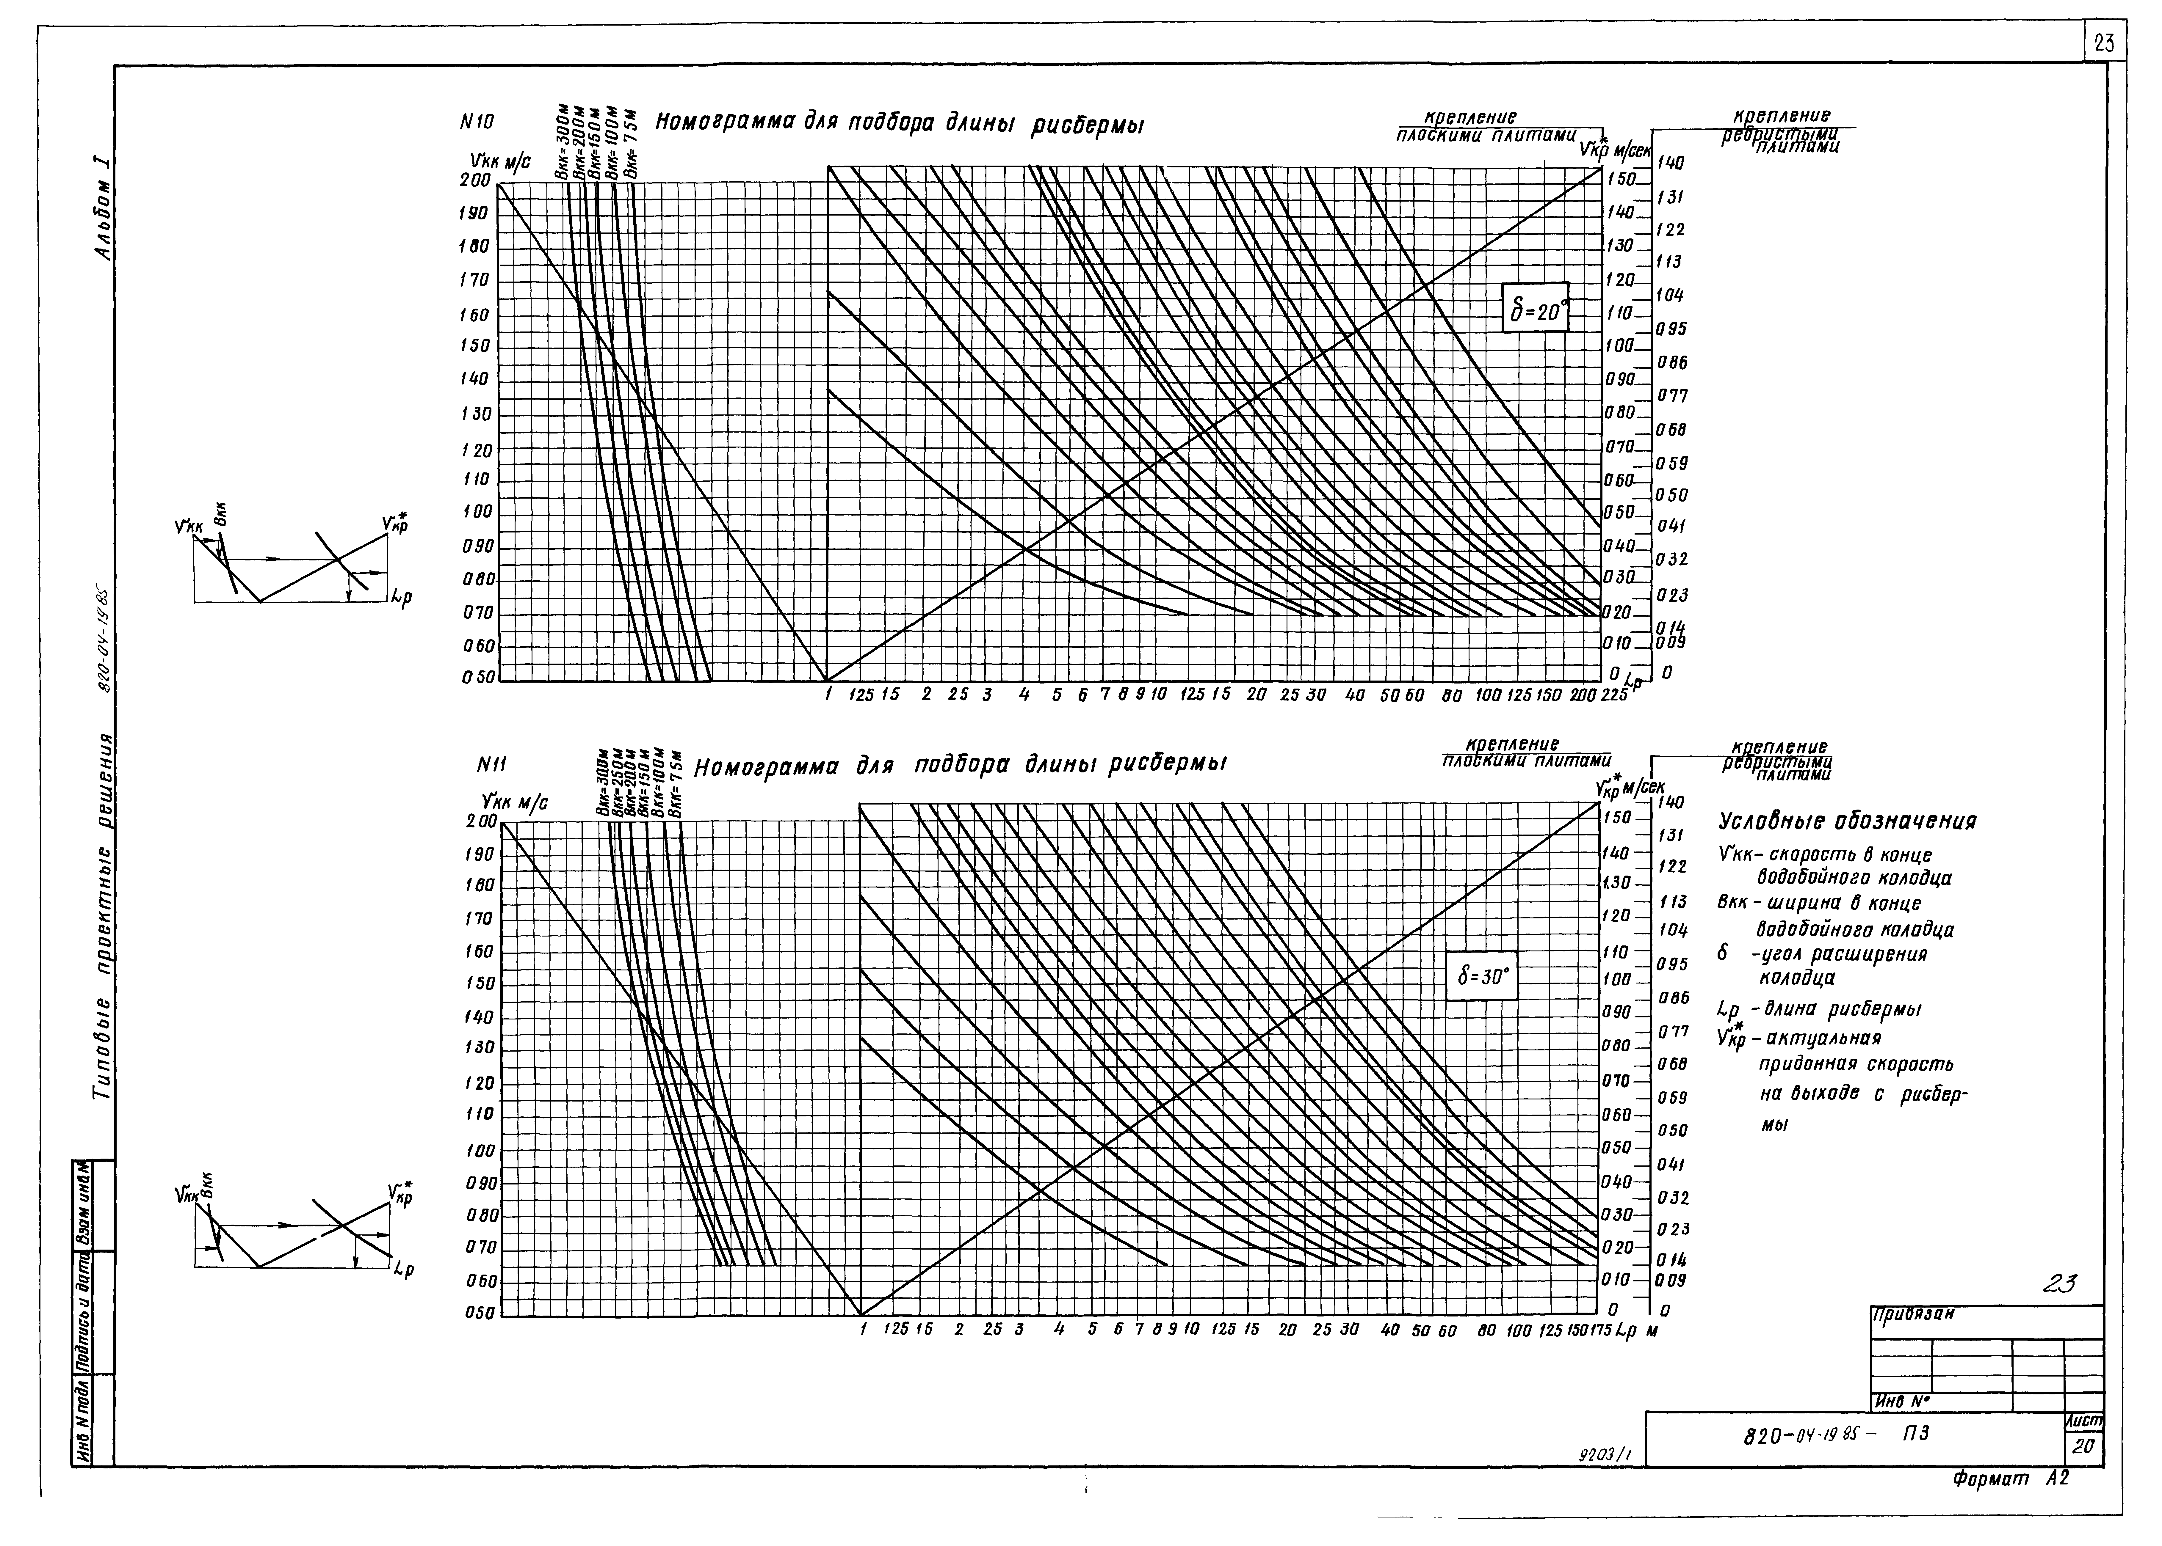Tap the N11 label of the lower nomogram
491,764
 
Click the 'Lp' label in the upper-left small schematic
401,600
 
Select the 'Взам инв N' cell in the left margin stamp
82,1204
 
